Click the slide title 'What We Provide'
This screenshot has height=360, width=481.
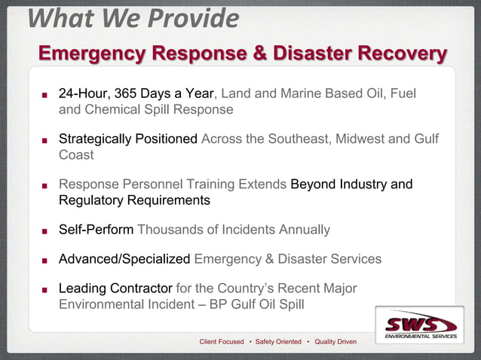133,18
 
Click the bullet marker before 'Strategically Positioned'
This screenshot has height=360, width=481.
44,141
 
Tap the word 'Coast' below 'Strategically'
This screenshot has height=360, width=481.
76,155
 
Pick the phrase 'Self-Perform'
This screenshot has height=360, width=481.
96,230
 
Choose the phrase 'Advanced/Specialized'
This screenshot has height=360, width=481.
124,259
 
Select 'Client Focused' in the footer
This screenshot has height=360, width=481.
221,342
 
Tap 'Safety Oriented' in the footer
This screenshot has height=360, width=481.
278,342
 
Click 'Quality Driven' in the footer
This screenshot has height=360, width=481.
335,342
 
